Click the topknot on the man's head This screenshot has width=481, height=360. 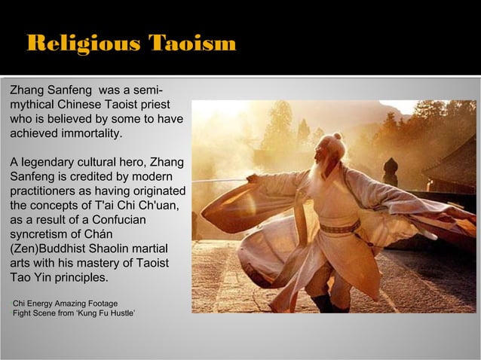336,137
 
